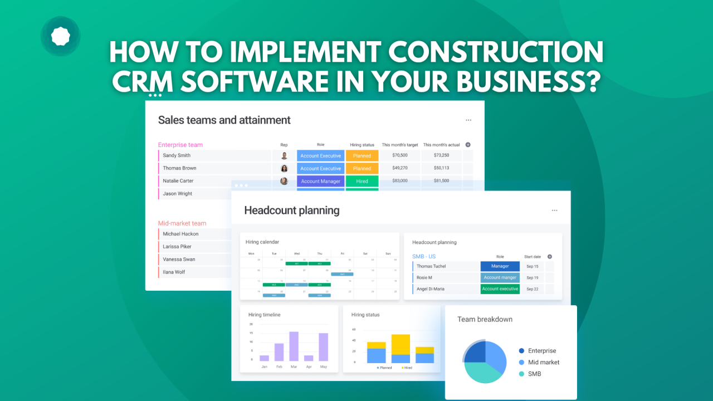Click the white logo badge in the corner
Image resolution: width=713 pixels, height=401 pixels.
coord(60,36)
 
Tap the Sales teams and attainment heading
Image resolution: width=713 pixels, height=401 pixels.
coord(224,120)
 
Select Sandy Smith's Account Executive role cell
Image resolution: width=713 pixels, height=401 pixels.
coord(320,155)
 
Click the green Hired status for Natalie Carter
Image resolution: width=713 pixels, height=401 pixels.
coord(362,181)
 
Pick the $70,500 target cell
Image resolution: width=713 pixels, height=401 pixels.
coord(399,155)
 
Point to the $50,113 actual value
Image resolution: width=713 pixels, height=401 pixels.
coord(441,168)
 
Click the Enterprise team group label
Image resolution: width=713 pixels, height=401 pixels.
coord(180,145)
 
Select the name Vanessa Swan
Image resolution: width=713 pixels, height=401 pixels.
coord(179,260)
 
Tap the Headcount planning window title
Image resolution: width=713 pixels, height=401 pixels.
coord(291,211)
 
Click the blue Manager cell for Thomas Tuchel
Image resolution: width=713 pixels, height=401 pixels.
coord(500,266)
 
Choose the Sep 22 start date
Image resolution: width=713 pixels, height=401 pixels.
coord(532,289)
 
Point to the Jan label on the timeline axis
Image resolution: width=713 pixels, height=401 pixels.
coord(264,366)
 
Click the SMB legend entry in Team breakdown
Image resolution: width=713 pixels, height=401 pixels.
coord(534,374)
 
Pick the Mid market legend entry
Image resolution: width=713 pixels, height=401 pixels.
coord(543,362)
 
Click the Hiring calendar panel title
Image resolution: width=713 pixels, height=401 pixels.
coord(262,242)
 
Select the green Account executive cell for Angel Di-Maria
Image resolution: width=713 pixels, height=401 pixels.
coord(500,289)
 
